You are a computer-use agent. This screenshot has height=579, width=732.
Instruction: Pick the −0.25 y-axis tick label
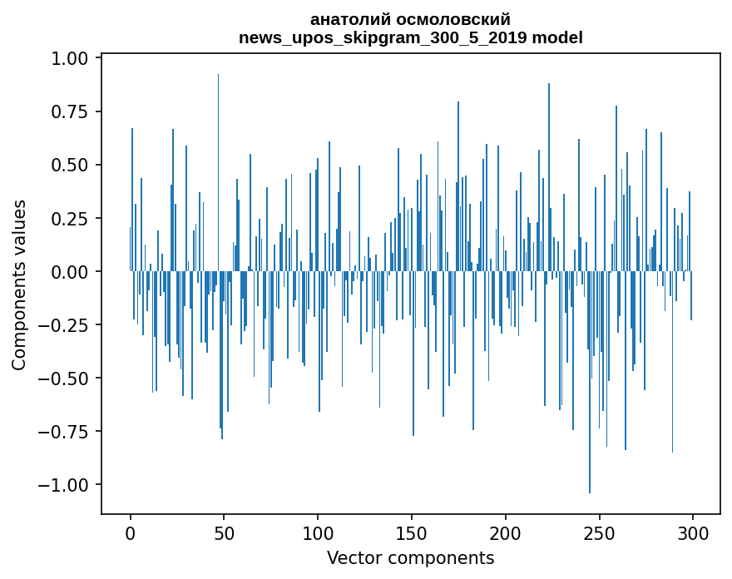(67, 325)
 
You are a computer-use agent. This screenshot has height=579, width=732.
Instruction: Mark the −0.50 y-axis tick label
(67, 379)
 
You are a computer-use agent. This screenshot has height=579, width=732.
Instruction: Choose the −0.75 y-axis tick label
(67, 432)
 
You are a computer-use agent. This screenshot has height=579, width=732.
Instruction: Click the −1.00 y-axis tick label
(67, 485)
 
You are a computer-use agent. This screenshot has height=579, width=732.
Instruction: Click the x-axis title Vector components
(411, 558)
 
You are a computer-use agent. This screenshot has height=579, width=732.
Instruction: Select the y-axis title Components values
(19, 285)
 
